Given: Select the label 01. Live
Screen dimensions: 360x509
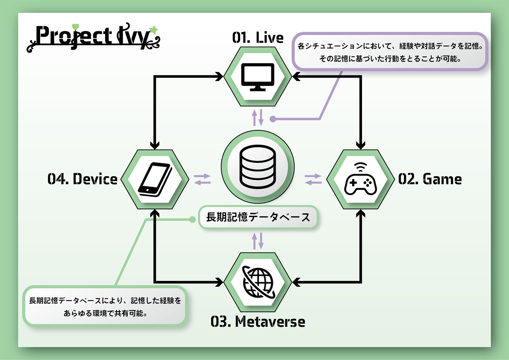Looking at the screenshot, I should point(258,38).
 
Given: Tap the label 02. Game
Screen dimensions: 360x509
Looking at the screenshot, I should point(430,179).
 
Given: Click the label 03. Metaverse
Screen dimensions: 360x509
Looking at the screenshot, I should point(258,322).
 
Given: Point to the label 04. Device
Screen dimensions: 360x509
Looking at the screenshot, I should point(82,179).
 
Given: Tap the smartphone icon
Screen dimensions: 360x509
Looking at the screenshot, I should point(155,179).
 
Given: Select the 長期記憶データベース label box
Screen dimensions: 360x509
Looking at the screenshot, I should point(258,217).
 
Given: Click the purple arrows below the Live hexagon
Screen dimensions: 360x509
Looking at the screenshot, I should point(258,117).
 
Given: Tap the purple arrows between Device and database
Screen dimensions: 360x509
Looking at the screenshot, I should point(202,179).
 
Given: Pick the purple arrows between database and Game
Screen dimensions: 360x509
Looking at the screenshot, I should point(313,179).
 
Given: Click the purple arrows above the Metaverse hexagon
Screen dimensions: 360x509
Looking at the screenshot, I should point(258,241).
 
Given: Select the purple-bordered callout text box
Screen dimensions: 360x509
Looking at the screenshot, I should point(390,52).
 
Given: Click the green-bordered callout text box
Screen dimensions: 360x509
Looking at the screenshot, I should point(105,307).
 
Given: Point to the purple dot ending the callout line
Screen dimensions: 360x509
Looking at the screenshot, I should point(273,119).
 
